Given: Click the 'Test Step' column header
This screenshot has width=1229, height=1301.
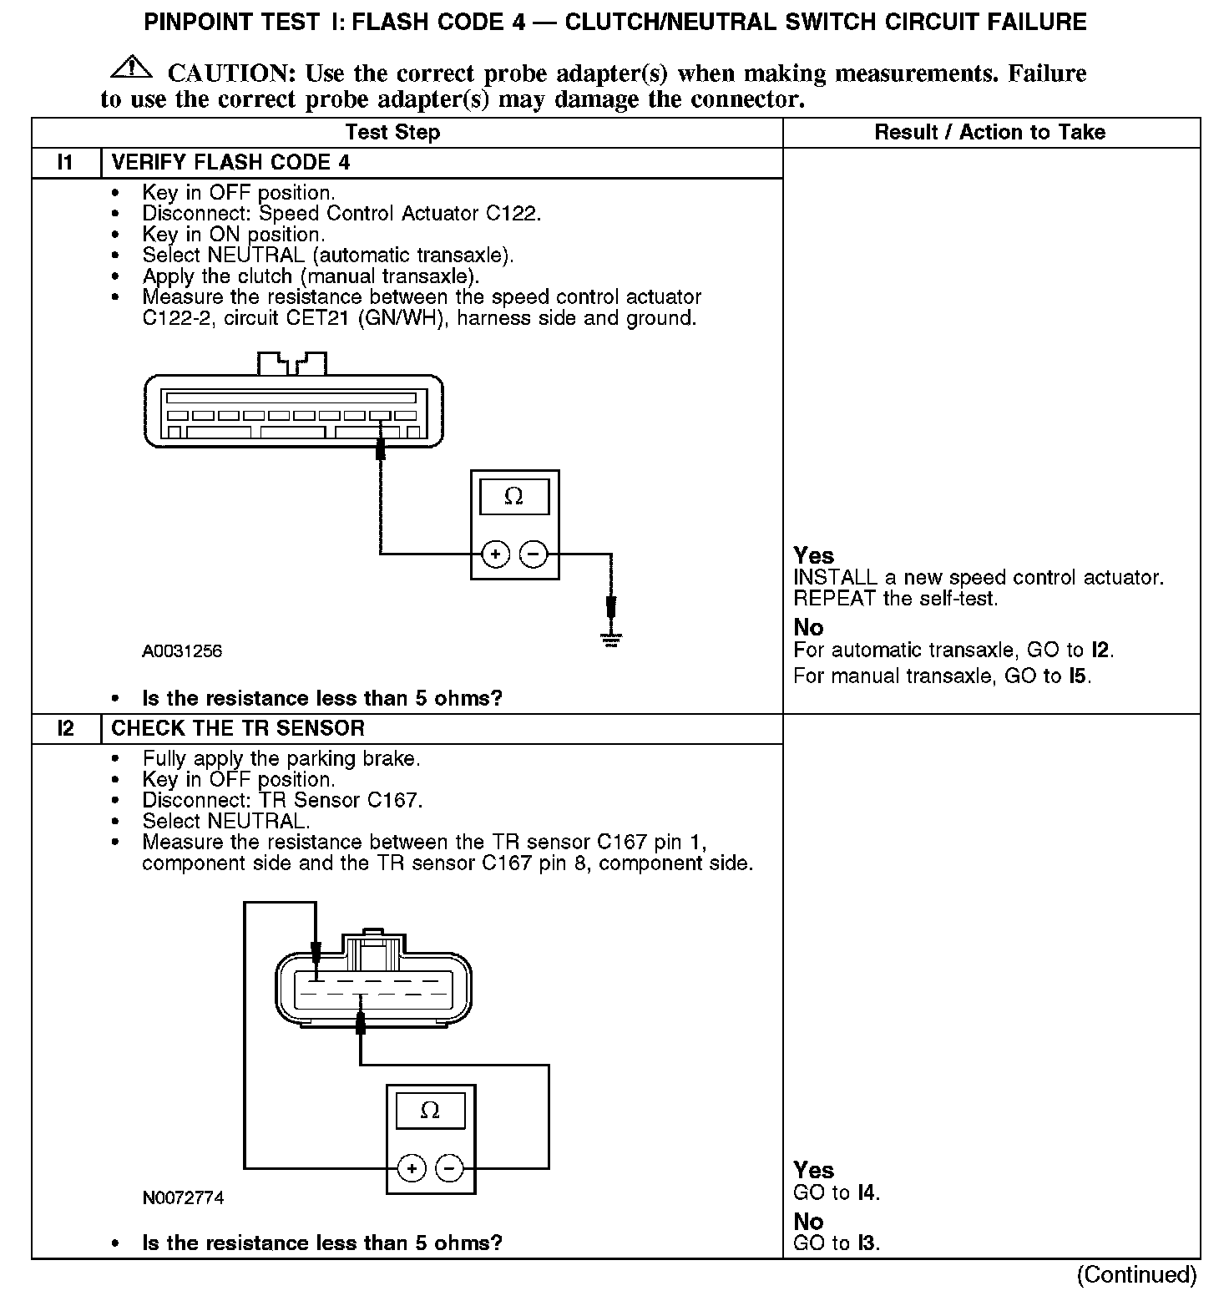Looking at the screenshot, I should [392, 132].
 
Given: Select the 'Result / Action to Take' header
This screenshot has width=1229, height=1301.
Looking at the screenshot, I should [989, 132].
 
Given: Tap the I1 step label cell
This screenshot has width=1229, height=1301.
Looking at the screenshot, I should [66, 162].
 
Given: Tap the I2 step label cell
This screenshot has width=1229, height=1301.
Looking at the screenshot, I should [66, 728].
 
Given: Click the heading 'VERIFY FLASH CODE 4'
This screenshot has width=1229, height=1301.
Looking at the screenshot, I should [230, 162].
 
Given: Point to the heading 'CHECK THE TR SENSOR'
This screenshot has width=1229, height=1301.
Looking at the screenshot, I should [238, 728].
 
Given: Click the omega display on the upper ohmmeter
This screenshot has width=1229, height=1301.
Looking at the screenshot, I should [514, 497].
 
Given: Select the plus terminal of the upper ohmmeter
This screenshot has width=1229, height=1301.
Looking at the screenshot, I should [495, 554].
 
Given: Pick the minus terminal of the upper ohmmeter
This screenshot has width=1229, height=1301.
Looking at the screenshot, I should [534, 554].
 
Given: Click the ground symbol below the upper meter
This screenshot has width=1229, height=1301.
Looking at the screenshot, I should [612, 640].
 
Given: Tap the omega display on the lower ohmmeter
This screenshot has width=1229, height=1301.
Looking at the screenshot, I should [430, 1111].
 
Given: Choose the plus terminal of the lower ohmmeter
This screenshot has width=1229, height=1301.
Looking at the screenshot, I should [412, 1168].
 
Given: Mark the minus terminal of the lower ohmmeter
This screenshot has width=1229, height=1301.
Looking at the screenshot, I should [450, 1168].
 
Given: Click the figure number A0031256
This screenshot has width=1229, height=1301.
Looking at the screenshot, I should [182, 650].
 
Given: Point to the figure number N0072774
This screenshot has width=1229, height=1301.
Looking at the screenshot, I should [183, 1197].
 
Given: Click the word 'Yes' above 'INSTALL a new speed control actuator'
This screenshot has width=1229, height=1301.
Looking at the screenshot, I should [813, 555].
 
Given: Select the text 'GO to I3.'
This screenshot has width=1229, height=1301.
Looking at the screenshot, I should [837, 1243].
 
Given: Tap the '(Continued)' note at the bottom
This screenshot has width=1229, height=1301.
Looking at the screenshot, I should [1136, 1274].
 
